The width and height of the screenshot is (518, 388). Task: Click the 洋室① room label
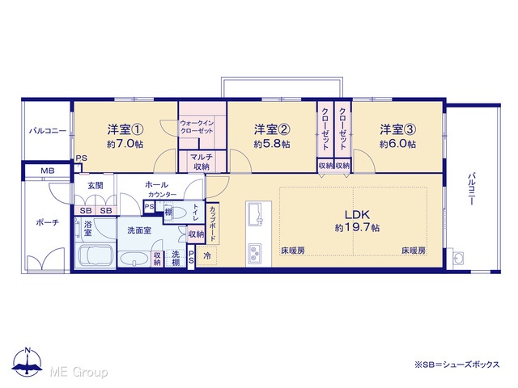(x=125, y=129)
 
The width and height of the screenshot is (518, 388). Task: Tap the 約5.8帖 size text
(x=272, y=144)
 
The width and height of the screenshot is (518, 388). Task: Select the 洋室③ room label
(x=397, y=129)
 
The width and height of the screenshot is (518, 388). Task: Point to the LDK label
(x=357, y=215)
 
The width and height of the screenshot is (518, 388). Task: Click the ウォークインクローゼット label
(x=197, y=127)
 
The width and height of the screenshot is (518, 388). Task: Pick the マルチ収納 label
(x=202, y=162)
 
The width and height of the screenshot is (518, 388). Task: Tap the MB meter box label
(x=48, y=171)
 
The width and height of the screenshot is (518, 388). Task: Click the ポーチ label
(x=47, y=223)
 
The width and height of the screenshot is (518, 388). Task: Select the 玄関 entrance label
(x=96, y=185)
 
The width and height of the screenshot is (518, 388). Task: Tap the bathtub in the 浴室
(x=95, y=255)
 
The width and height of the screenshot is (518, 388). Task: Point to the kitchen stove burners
(x=255, y=253)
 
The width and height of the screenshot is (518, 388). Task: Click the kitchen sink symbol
(x=256, y=213)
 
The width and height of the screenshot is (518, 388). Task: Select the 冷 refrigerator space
(x=207, y=255)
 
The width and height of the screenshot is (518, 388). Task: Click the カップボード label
(x=212, y=224)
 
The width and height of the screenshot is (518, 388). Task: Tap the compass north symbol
(x=28, y=363)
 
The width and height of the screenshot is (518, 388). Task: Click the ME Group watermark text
(x=79, y=373)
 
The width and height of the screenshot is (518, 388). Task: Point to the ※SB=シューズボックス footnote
(x=456, y=365)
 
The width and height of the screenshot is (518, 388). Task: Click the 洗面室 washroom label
(x=139, y=230)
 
